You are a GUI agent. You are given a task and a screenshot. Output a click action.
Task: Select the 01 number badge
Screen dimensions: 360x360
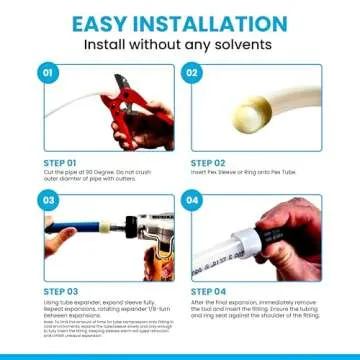coord(46,73)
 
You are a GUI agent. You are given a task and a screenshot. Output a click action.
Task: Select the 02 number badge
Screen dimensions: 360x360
coord(193,73)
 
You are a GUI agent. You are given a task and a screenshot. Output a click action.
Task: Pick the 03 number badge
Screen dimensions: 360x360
coord(46,200)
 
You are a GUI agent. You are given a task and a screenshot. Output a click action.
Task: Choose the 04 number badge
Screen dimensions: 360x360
coord(193,200)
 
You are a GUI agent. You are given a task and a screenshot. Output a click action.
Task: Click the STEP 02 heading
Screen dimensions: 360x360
coord(207,159)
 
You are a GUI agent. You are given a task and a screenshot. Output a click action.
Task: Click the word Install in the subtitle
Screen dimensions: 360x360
coord(111,45)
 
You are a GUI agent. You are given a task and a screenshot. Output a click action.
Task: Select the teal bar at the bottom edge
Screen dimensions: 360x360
coord(180,356)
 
